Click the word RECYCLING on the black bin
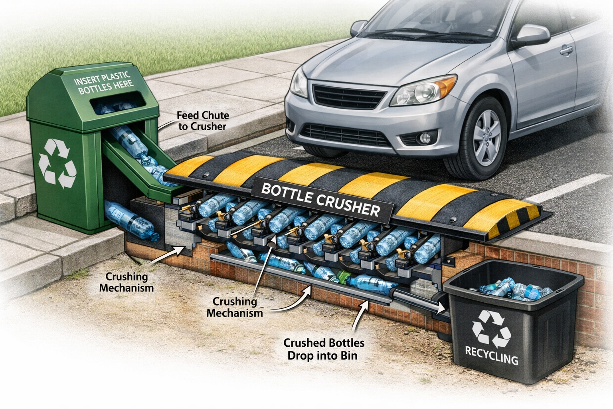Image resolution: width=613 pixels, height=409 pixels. (x=492, y=356)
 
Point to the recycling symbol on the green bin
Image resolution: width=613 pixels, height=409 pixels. (x=57, y=164)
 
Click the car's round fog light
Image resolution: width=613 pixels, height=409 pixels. (x=425, y=138)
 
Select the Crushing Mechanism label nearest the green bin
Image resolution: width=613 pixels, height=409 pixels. (x=127, y=282)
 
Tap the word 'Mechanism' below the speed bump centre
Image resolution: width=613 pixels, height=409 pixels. (x=235, y=312)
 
